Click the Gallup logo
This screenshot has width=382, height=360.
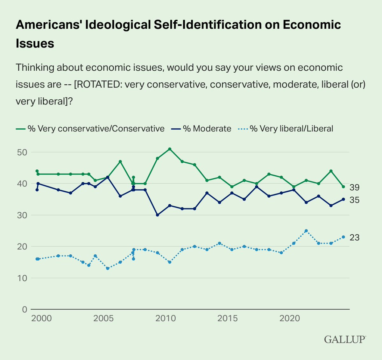[345, 339]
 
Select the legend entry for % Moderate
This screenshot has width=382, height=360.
[207, 129]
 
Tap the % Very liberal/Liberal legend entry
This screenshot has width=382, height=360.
[291, 129]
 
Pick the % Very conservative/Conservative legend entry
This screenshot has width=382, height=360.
[95, 129]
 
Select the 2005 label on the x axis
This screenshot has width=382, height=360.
[104, 318]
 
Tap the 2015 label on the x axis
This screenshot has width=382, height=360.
[228, 318]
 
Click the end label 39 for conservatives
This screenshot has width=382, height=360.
[354, 187]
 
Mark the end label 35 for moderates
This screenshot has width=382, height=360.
[354, 200]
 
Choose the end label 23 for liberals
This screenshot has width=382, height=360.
[354, 237]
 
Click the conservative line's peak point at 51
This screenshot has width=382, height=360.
[170, 149]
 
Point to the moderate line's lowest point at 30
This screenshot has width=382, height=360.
[157, 215]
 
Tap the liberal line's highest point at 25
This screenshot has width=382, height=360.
[306, 231]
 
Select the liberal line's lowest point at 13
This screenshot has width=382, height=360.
[108, 268]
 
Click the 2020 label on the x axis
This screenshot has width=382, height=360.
[289, 318]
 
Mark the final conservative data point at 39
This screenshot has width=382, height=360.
[343, 187]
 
